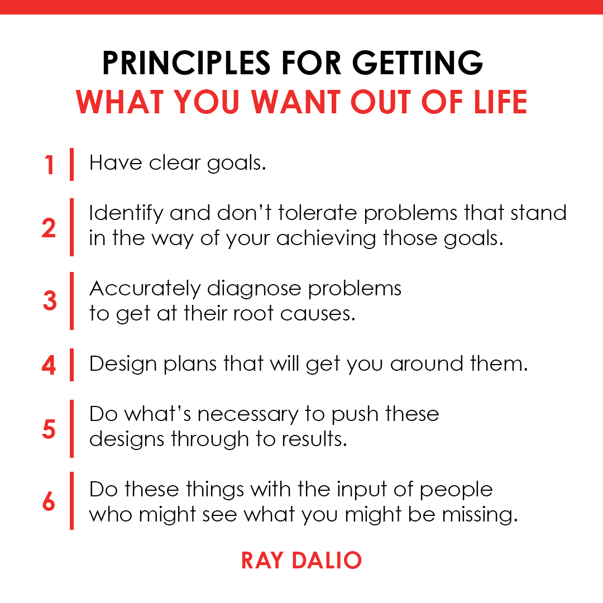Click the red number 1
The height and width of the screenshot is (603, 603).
(50, 165)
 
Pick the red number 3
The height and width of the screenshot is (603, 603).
(50, 301)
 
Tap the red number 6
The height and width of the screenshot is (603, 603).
(49, 502)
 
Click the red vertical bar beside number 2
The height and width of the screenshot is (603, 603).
(71, 227)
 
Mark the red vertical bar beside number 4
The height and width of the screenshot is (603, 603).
(71, 365)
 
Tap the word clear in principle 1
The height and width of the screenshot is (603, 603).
(175, 163)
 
